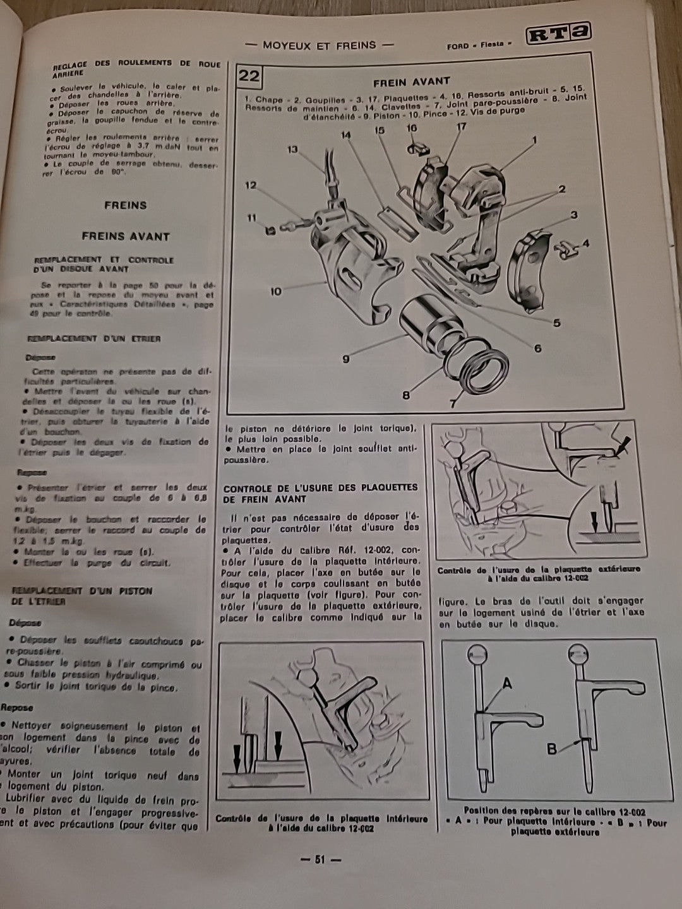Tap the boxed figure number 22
249,76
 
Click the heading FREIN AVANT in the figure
411,81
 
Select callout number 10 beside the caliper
275,292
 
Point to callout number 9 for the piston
346,359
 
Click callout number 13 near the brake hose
292,150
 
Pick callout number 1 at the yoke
534,140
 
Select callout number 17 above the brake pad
461,127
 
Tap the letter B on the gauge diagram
552,749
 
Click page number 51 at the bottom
320,859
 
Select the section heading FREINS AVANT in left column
126,237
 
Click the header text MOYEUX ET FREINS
319,45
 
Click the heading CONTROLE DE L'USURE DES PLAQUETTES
321,487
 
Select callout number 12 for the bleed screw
252,186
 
